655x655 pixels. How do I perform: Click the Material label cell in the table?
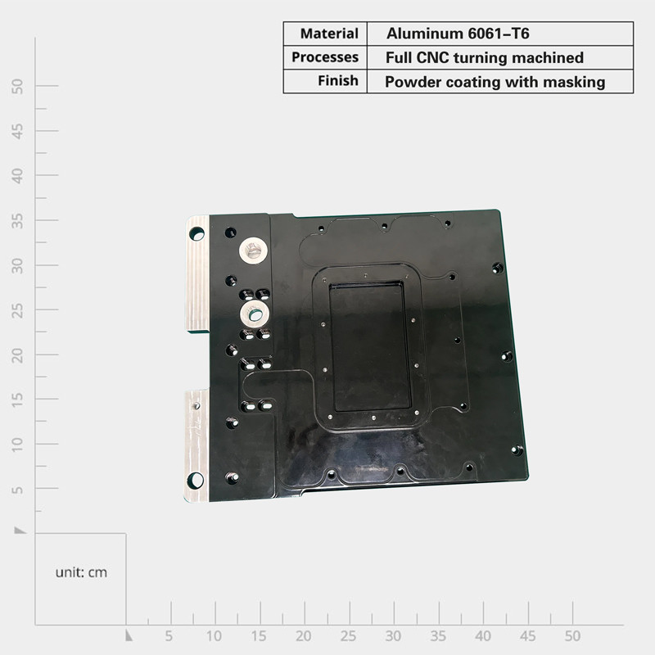click(x=329, y=34)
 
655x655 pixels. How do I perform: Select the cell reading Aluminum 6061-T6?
click(x=458, y=34)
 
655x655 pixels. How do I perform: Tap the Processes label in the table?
click(x=325, y=57)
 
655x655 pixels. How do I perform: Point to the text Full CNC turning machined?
click(x=485, y=57)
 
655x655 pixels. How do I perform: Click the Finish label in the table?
click(x=338, y=80)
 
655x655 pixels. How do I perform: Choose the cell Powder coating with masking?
click(x=495, y=82)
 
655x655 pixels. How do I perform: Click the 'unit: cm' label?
click(x=81, y=572)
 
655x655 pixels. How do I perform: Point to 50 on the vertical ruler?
click(x=17, y=87)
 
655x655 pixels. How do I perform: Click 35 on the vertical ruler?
click(x=17, y=221)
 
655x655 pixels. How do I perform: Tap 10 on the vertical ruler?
click(x=17, y=445)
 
